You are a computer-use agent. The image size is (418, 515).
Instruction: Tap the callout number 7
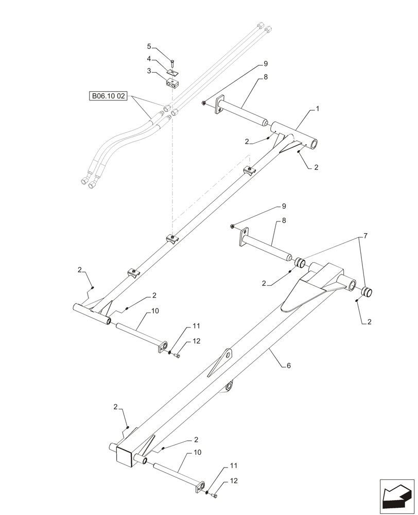tap(365, 235)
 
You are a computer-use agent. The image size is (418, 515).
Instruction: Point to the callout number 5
tap(149, 46)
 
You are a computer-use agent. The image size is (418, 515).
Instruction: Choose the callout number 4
tap(149, 59)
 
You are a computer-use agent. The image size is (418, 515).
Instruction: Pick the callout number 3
tap(149, 71)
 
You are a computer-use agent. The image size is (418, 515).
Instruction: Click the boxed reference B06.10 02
tap(108, 96)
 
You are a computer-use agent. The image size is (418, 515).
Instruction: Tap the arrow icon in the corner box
tap(397, 496)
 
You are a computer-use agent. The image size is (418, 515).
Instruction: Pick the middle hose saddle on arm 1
tap(172, 239)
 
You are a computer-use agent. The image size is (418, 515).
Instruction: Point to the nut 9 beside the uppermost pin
tap(204, 104)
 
